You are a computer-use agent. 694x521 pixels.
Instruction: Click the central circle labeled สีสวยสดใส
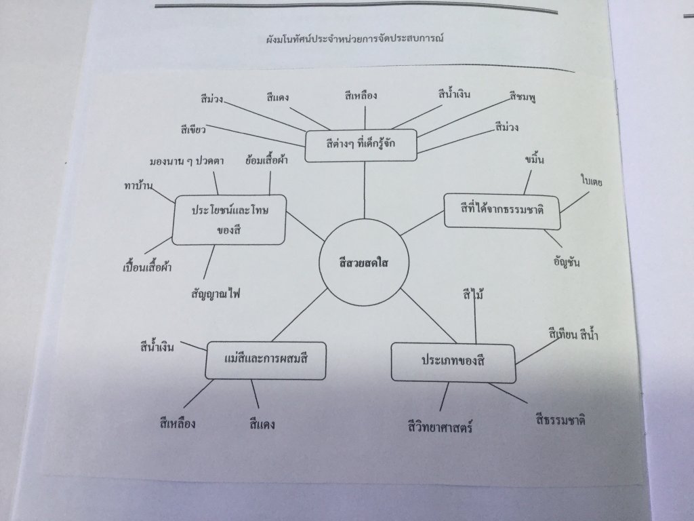tap(364, 263)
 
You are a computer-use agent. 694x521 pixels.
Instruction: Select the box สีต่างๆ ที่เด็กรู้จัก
tap(361, 145)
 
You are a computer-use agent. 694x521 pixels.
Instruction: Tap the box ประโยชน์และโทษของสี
tap(229, 220)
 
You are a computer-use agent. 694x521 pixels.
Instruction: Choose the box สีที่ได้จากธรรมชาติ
tap(502, 211)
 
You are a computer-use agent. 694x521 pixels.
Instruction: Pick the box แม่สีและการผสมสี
tap(266, 360)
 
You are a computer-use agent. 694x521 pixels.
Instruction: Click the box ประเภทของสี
tap(453, 362)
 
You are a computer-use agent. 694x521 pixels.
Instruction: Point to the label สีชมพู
tap(523, 96)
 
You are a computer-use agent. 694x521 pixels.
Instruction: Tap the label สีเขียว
tap(193, 130)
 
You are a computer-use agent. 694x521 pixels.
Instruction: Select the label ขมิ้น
tap(535, 159)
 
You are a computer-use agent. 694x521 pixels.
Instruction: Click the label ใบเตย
tap(591, 180)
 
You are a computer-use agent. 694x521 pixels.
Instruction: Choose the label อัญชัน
tap(567, 261)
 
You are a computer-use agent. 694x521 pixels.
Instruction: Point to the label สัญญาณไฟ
tap(216, 293)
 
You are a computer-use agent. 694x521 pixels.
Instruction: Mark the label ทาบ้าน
tap(138, 185)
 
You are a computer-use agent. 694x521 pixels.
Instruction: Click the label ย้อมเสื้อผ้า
tap(266, 159)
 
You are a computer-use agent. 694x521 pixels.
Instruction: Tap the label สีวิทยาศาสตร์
tap(440, 427)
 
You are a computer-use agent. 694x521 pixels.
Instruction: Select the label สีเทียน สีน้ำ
tap(573, 334)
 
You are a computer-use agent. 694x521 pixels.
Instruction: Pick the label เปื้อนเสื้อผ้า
tap(147, 267)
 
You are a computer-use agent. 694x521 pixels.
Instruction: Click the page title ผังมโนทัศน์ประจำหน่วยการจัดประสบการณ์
tap(355, 39)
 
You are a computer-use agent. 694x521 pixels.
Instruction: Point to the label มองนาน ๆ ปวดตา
tap(186, 161)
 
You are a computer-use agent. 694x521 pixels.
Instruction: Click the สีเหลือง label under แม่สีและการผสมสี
tap(178, 423)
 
